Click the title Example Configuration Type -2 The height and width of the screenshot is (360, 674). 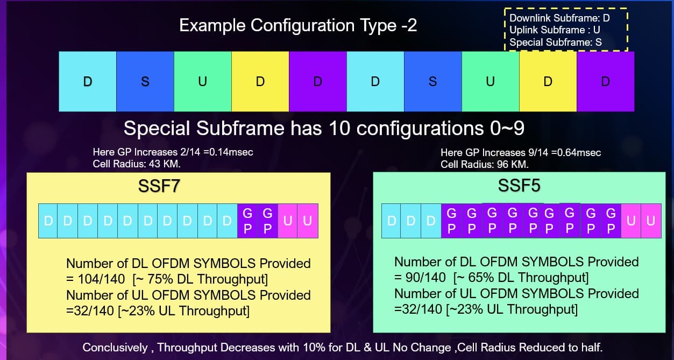298,25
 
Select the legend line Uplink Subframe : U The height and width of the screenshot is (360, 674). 555,30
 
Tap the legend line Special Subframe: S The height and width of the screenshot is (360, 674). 556,42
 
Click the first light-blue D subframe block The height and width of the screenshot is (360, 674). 88,82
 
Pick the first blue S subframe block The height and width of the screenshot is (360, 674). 145,82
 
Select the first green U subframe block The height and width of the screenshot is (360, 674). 203,82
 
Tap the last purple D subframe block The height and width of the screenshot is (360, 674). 605,82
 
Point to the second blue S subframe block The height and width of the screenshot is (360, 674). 432,82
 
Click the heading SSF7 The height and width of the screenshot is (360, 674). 159,186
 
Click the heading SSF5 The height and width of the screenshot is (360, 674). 519,185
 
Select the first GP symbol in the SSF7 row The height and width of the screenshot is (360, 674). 247,221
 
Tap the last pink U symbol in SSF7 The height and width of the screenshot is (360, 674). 308,221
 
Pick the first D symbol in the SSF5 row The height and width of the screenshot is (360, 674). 391,221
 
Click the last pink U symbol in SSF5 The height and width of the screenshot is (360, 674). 651,221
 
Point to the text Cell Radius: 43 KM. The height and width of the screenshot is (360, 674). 137,164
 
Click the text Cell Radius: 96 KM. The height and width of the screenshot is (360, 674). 485,165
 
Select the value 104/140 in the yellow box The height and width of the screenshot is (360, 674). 101,279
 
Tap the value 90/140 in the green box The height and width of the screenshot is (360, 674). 425,278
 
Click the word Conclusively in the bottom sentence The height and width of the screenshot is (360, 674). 115,348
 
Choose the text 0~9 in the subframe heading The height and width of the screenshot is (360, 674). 507,128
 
